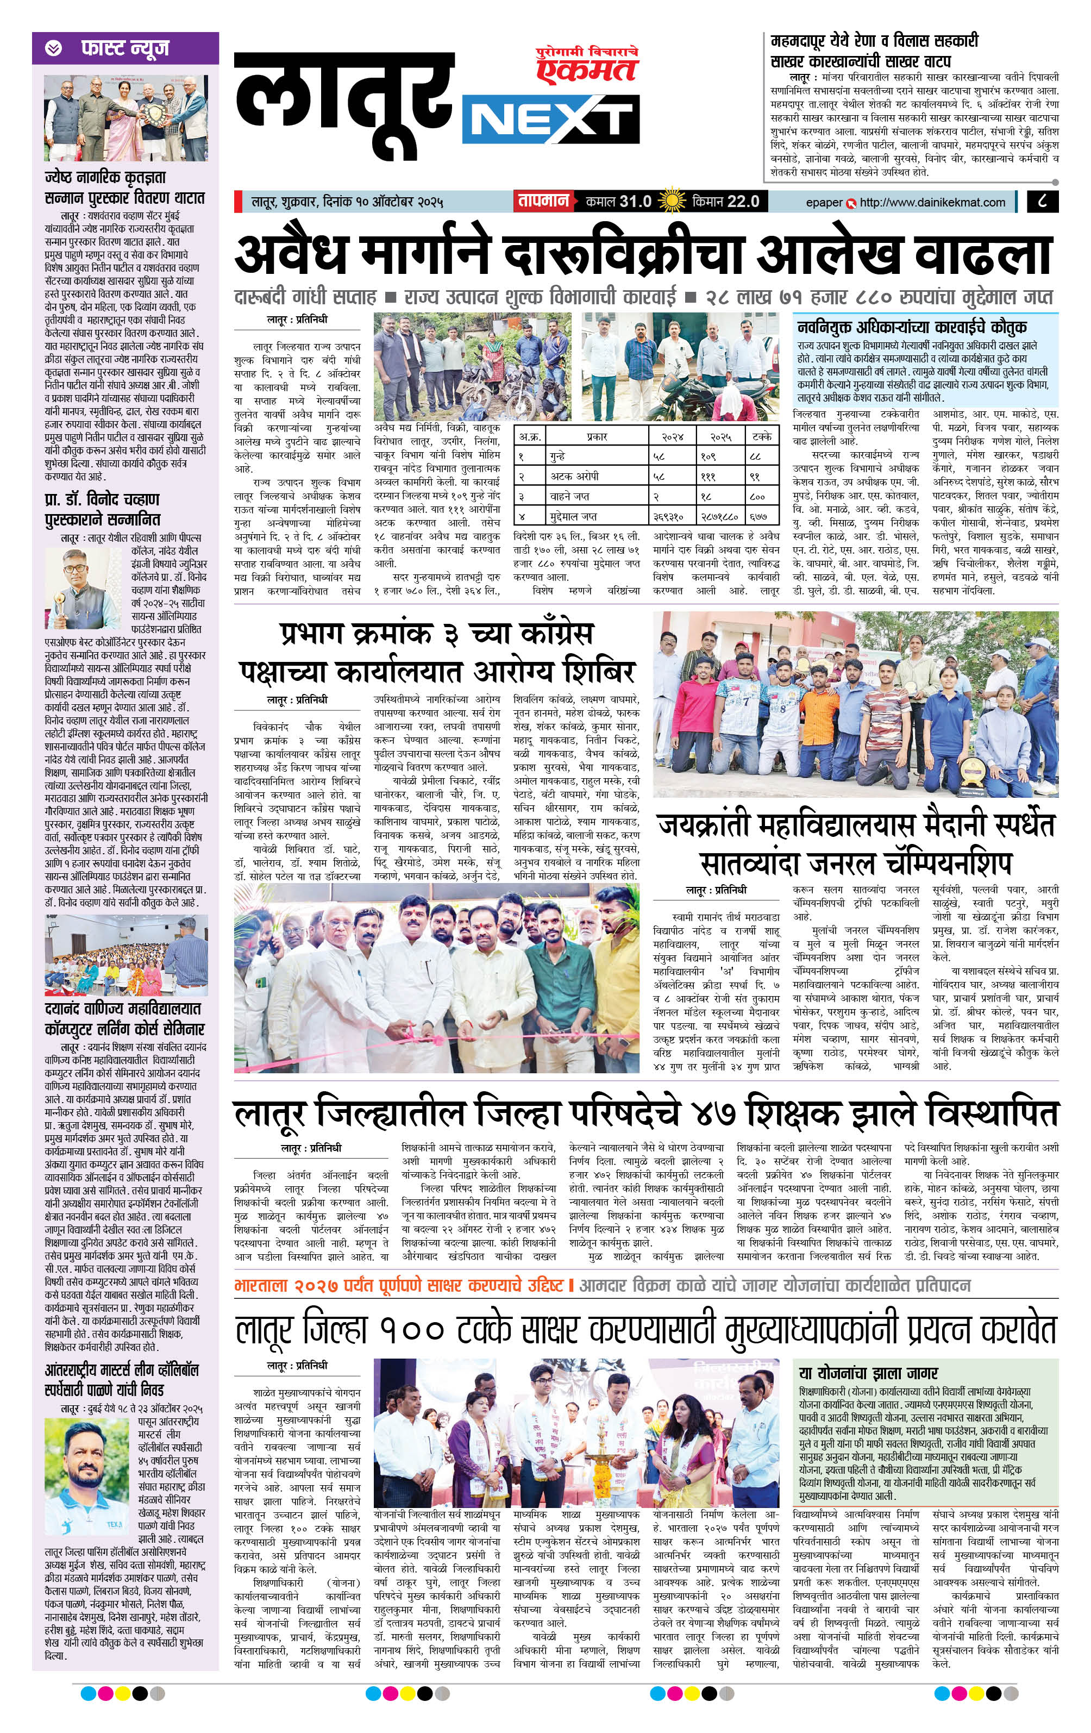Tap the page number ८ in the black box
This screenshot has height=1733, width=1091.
pyautogui.click(x=1043, y=202)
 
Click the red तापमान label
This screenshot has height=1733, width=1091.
pyautogui.click(x=543, y=202)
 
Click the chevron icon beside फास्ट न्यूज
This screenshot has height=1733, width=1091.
pyautogui.click(x=53, y=48)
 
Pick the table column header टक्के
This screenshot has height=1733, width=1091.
pyautogui.click(x=761, y=436)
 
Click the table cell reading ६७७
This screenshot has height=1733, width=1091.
pyautogui.click(x=761, y=516)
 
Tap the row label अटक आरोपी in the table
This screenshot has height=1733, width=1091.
pyautogui.click(x=576, y=477)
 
